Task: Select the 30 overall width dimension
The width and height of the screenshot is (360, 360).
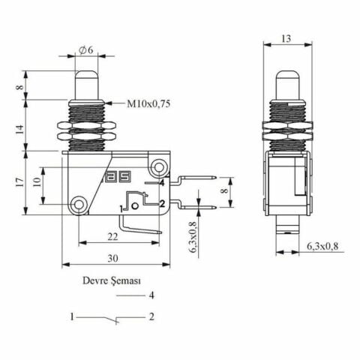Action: [112, 259]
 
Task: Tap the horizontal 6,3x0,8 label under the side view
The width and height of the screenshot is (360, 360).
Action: [322, 245]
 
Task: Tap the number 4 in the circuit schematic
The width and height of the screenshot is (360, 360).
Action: [151, 295]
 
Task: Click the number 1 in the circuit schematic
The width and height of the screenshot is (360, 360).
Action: [72, 317]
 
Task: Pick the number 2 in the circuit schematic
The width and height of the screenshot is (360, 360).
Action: [151, 317]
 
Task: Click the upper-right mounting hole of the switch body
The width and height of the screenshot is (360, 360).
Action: [157, 166]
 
